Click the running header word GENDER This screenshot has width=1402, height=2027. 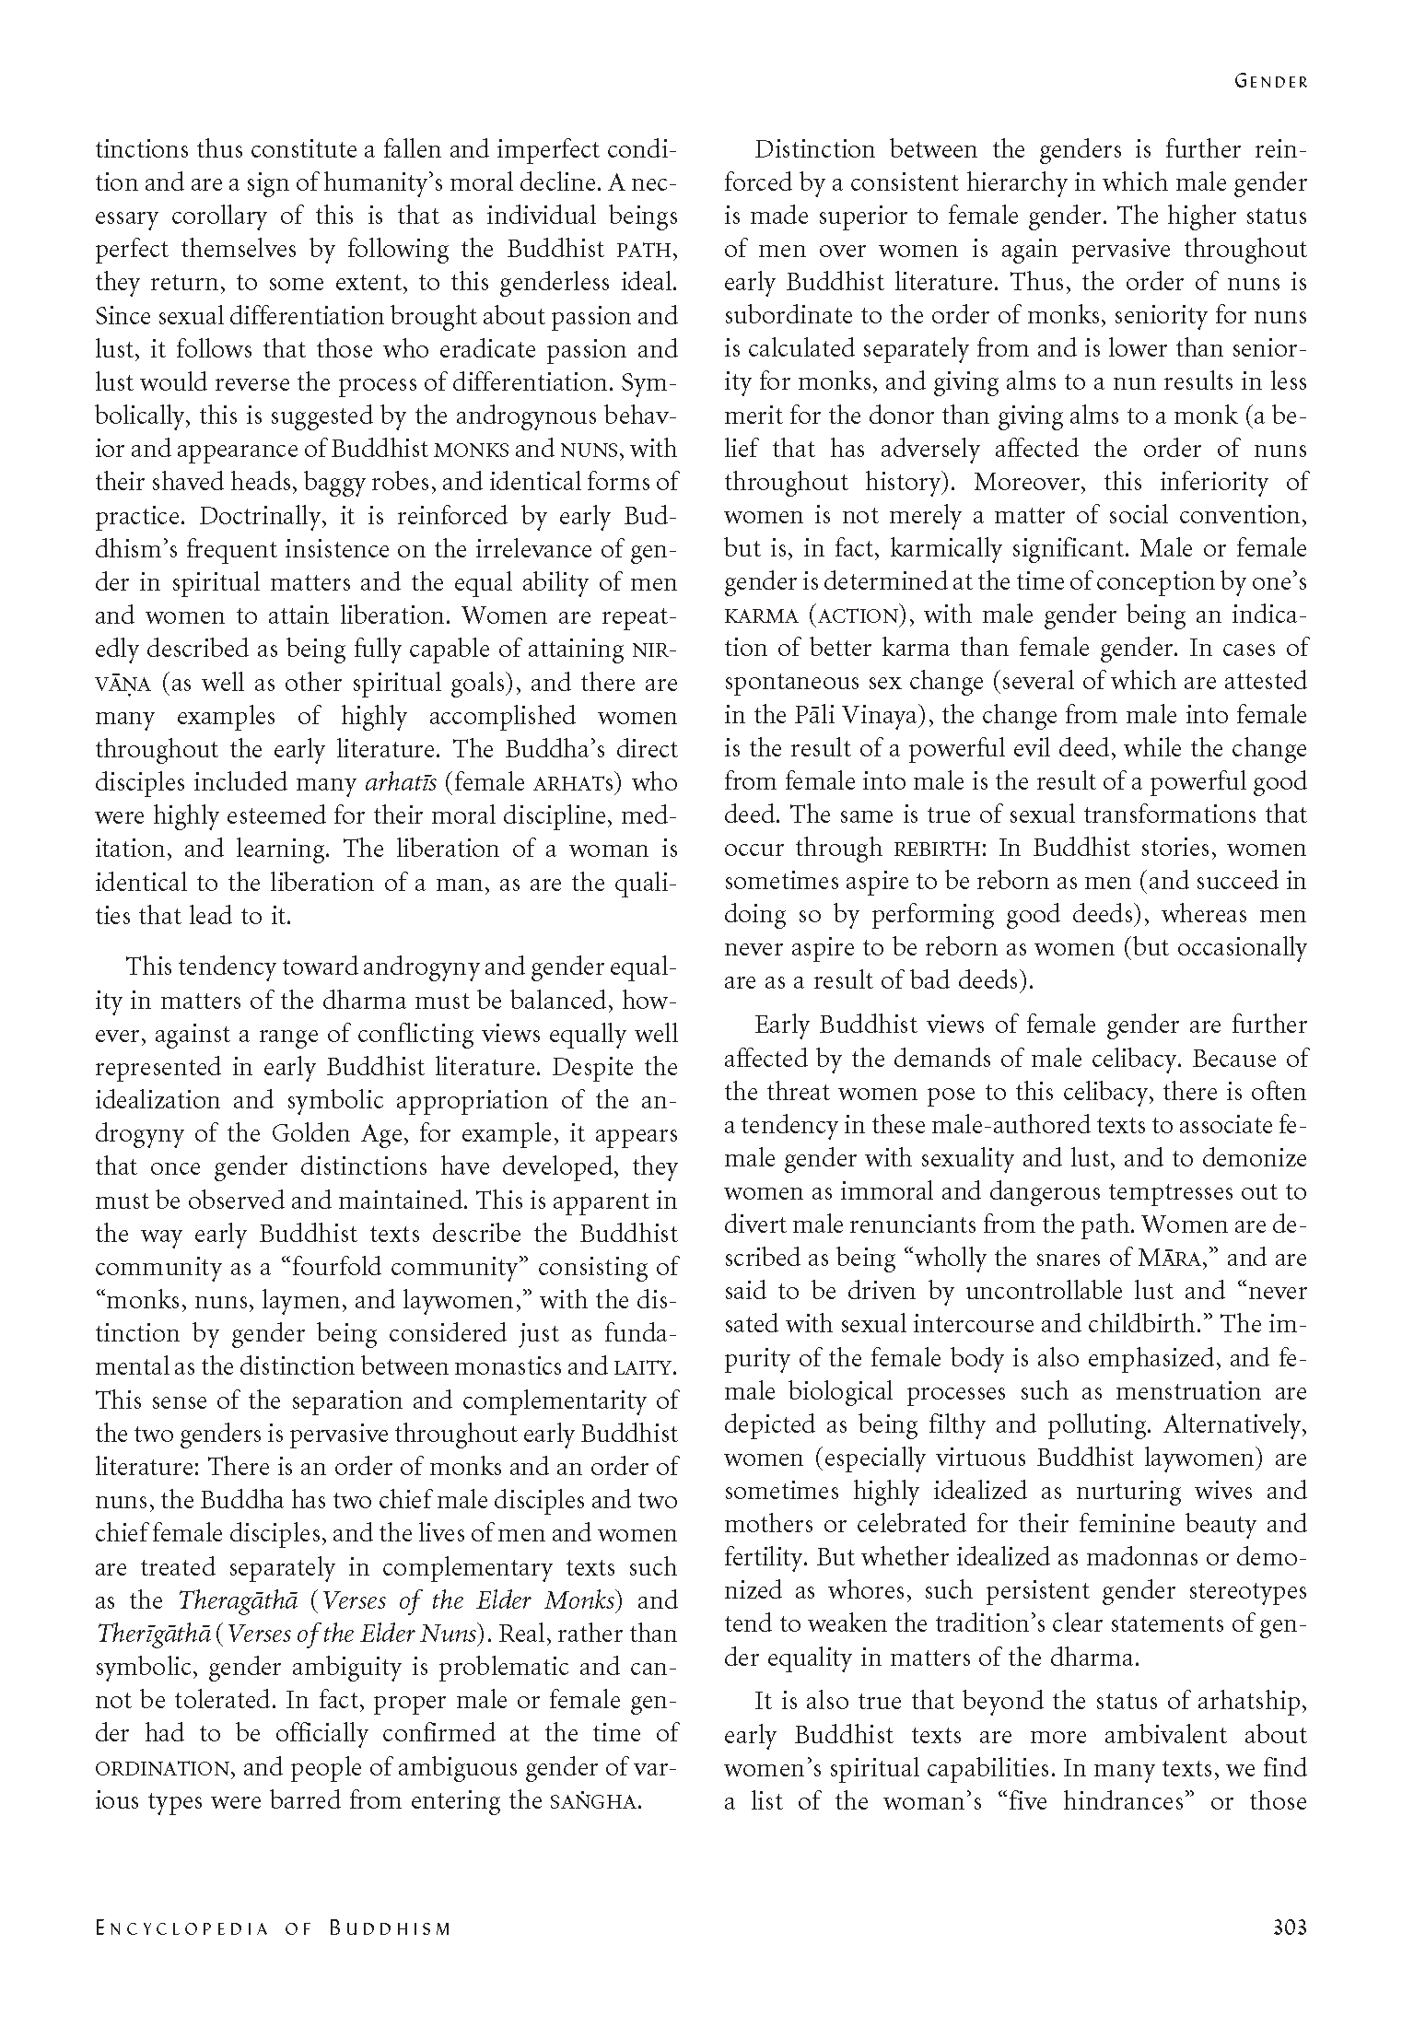(x=1270, y=81)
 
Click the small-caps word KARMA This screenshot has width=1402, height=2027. (x=758, y=615)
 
